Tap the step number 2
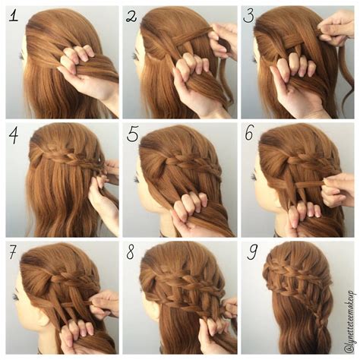(x=132, y=17)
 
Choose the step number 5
(x=132, y=135)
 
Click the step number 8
(x=132, y=253)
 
